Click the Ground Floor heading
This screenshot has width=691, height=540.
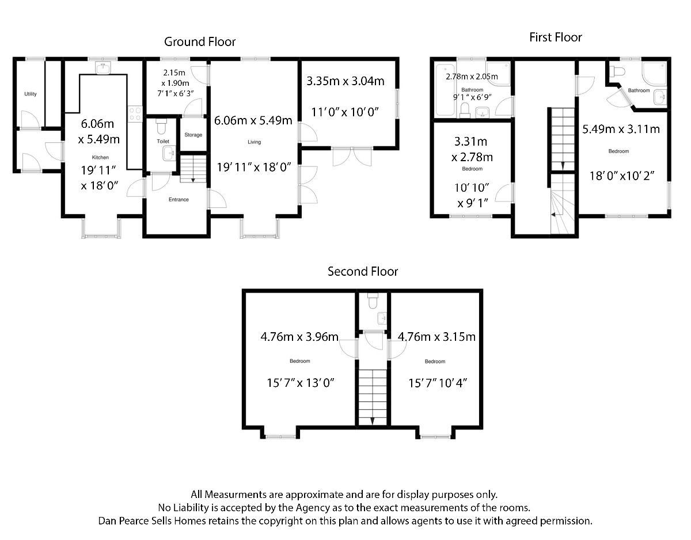coord(200,41)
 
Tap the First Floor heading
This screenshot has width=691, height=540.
coord(556,37)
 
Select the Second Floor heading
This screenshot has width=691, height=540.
coord(363,271)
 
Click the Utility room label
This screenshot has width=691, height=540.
coord(31,94)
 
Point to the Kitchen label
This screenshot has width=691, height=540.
coord(100,157)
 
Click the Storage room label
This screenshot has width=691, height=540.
coord(193,135)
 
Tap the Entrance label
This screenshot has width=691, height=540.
coord(179,200)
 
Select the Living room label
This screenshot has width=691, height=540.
coord(254,142)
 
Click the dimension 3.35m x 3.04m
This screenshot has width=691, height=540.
coord(345,81)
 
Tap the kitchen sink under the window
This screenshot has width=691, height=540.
coord(104,69)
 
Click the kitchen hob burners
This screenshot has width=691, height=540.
coord(136,113)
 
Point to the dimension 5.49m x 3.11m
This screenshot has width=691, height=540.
coord(621,129)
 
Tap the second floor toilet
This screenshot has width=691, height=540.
coord(373,301)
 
